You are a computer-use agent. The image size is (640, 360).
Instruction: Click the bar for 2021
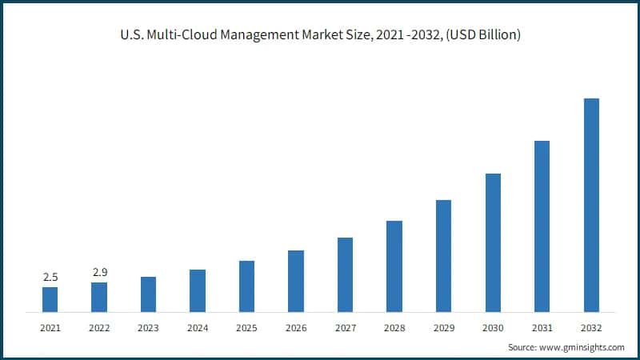click(x=50, y=299)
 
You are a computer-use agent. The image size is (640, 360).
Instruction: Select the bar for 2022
click(x=99, y=297)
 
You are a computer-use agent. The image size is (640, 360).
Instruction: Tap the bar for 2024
click(x=198, y=290)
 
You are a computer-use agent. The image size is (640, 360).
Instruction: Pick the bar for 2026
click(x=296, y=281)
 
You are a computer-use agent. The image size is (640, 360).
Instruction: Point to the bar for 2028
click(x=394, y=266)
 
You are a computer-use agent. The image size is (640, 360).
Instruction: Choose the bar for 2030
click(x=493, y=242)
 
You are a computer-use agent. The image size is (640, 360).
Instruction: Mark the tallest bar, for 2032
click(x=591, y=205)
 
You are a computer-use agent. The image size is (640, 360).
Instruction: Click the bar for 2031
click(x=542, y=226)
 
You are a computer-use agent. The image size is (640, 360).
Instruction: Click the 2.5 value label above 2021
click(x=50, y=277)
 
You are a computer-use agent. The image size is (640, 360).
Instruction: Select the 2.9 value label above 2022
click(x=99, y=273)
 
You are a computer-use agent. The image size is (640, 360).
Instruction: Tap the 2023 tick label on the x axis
click(x=148, y=328)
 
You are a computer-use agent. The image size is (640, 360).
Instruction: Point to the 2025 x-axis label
click(x=246, y=328)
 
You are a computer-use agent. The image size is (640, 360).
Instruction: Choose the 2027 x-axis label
click(x=345, y=328)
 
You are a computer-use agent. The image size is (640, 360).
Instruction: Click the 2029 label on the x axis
click(x=443, y=328)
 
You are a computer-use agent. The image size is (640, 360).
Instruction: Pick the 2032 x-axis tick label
click(x=591, y=328)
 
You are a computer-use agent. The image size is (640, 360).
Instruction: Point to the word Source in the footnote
click(x=524, y=347)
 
